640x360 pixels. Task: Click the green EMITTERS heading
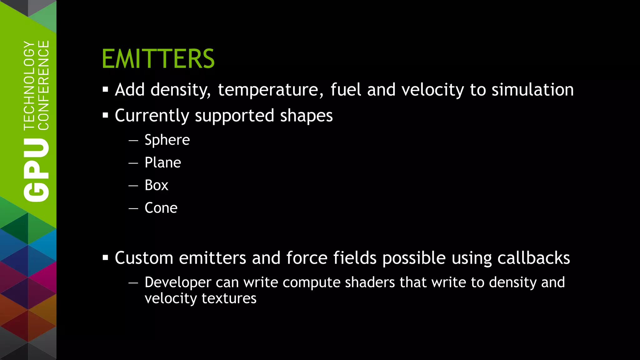(x=158, y=59)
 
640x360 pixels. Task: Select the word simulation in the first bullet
(x=532, y=90)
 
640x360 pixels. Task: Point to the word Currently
(x=152, y=116)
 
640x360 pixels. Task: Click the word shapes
(x=306, y=116)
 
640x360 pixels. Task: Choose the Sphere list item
(x=167, y=140)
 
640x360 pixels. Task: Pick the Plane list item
(x=163, y=162)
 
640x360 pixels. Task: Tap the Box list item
(x=156, y=185)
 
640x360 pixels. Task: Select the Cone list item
(x=161, y=208)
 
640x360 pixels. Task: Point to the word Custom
(x=144, y=258)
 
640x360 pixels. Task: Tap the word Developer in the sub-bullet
(x=178, y=282)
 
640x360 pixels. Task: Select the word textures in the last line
(x=229, y=298)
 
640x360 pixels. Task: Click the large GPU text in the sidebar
(x=37, y=170)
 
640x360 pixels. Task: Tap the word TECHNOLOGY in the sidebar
(x=29, y=85)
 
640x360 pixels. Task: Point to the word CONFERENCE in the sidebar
(x=44, y=85)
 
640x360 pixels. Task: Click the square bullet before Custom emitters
(x=105, y=258)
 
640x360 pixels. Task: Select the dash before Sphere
(x=133, y=140)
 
